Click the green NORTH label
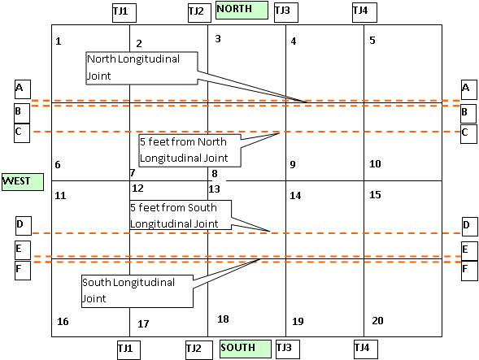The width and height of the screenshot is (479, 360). (x=242, y=10)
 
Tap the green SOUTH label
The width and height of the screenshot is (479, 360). (x=246, y=349)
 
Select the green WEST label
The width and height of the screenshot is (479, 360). (x=23, y=182)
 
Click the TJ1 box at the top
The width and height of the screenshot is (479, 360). (x=124, y=13)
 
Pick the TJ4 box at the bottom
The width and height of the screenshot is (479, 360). (x=366, y=349)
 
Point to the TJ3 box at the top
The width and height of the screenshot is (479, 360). (x=286, y=13)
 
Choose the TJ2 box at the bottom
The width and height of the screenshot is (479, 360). (x=199, y=350)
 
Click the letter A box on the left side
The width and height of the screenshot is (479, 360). (x=23, y=89)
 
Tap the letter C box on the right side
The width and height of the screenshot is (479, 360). (x=468, y=134)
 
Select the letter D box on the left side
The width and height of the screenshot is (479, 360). (x=24, y=226)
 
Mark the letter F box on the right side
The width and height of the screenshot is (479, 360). (x=469, y=271)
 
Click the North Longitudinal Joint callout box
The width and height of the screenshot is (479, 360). (x=142, y=68)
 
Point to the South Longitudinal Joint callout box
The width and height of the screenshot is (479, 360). (x=137, y=291)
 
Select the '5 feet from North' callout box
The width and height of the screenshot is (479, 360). (x=189, y=150)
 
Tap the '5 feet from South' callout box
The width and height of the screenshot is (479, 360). (x=181, y=215)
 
